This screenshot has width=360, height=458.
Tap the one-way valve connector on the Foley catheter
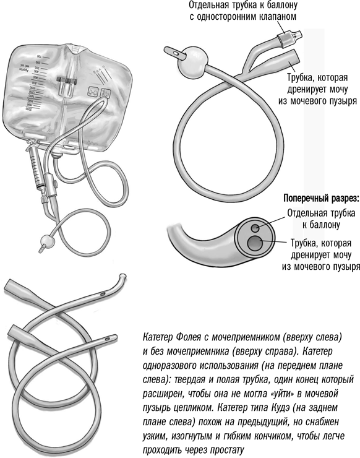(288, 37)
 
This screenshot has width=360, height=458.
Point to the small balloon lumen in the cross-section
(255, 228)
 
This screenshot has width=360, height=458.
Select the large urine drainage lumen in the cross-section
(255, 243)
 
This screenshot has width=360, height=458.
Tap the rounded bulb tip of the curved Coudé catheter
(123, 276)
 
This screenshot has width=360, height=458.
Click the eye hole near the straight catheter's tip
(107, 339)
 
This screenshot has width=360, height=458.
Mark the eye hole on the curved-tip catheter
(102, 294)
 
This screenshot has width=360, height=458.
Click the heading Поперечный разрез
(321, 199)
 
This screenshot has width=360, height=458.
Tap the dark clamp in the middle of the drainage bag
(67, 80)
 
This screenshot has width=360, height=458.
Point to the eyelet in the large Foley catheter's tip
(176, 53)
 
